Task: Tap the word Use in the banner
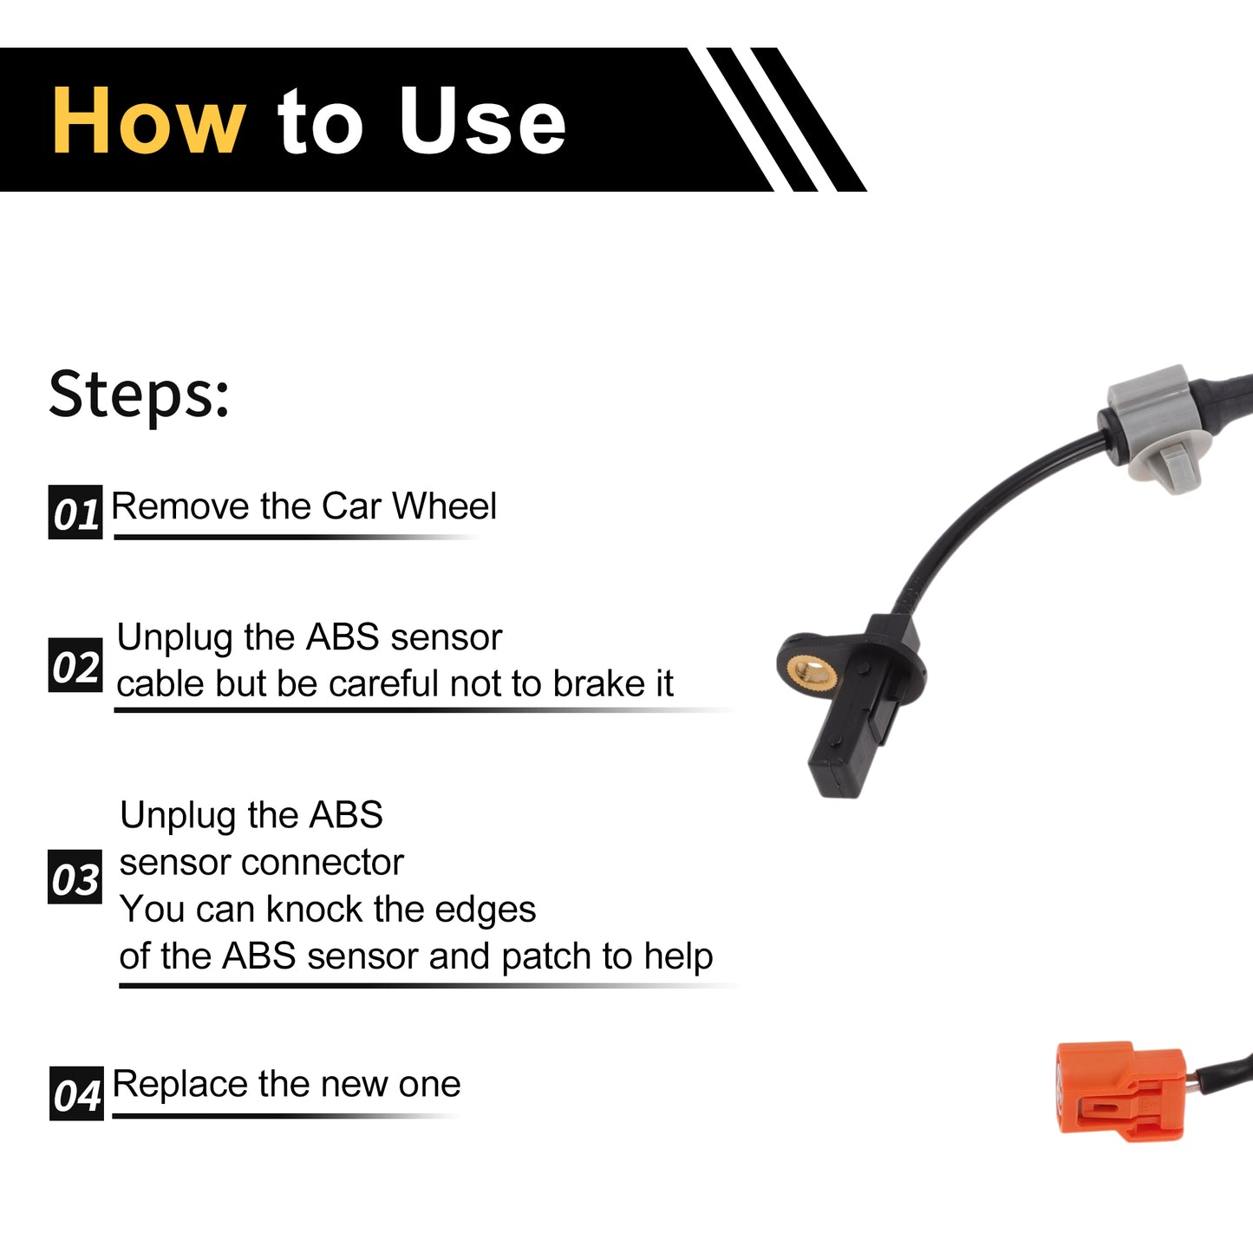[482, 121]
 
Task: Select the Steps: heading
[139, 395]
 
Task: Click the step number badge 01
[75, 512]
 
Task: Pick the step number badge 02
[75, 665]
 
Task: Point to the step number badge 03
[75, 878]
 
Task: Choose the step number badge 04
[76, 1093]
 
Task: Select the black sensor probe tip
[839, 771]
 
